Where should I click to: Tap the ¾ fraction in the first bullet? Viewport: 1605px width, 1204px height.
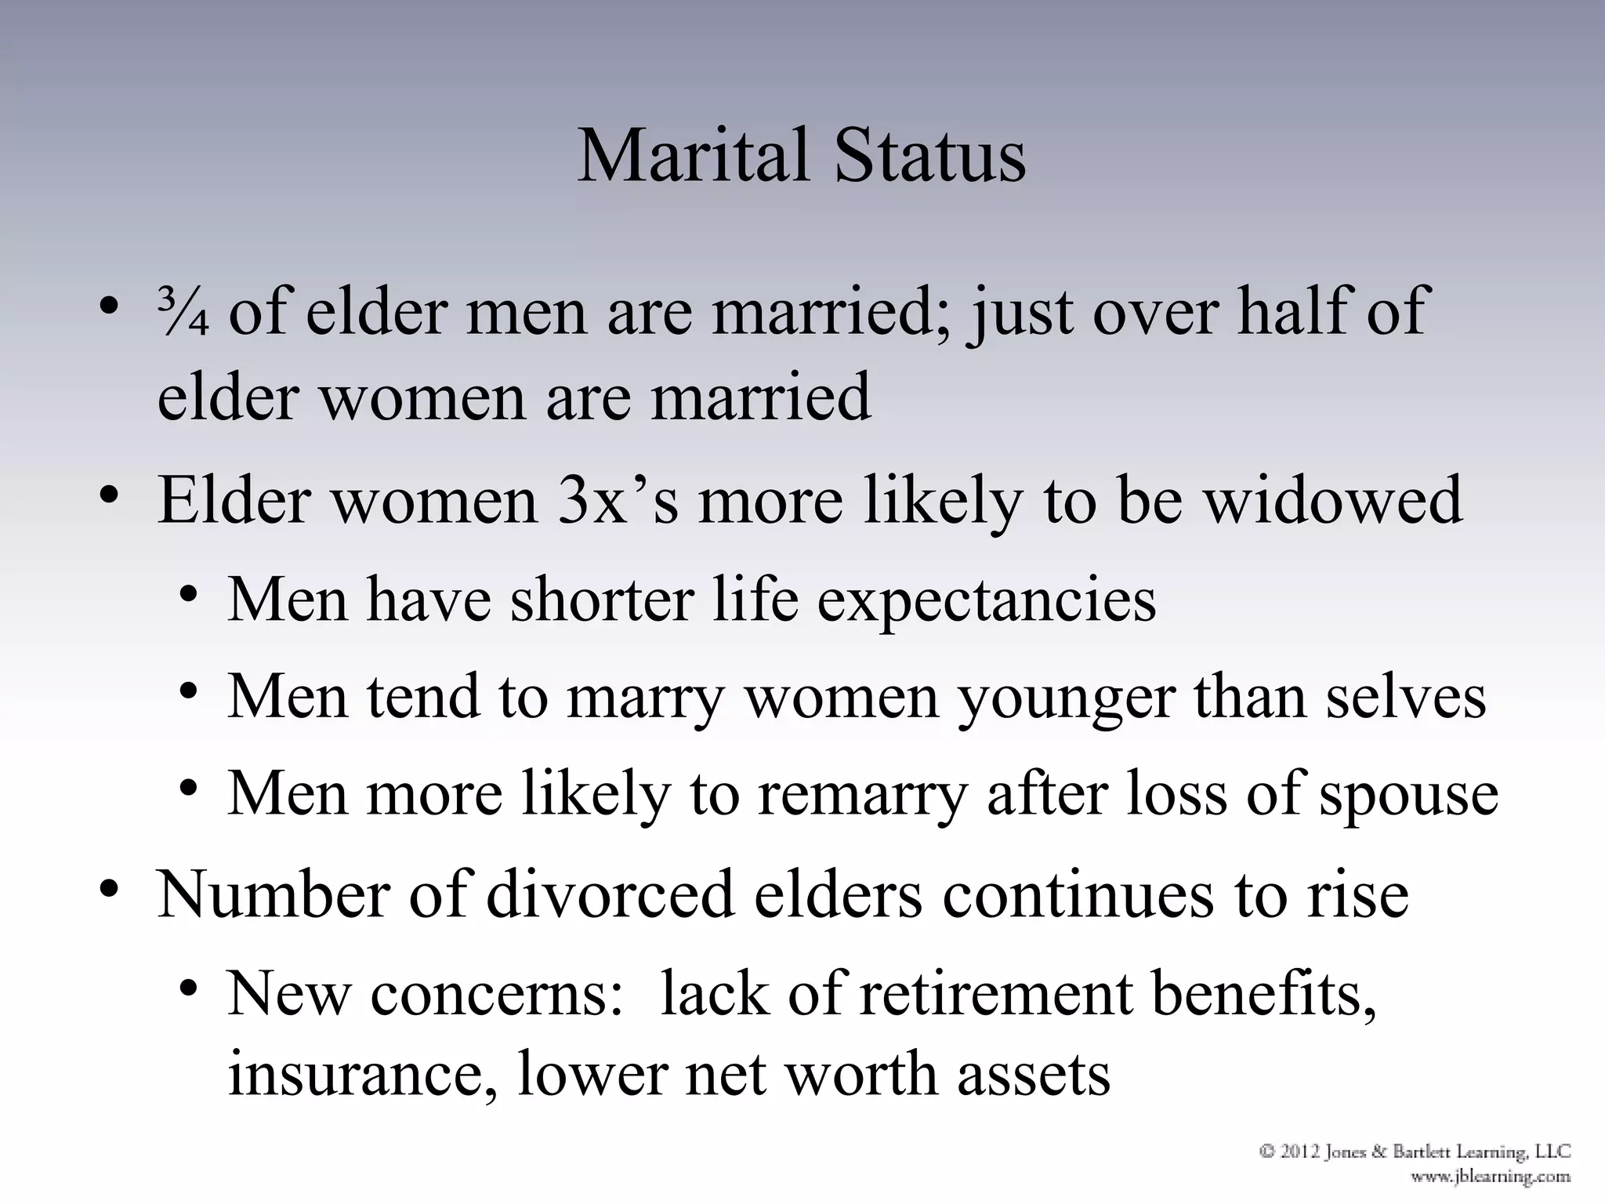click(x=182, y=313)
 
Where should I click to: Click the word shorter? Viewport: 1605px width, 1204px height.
click(x=602, y=600)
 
